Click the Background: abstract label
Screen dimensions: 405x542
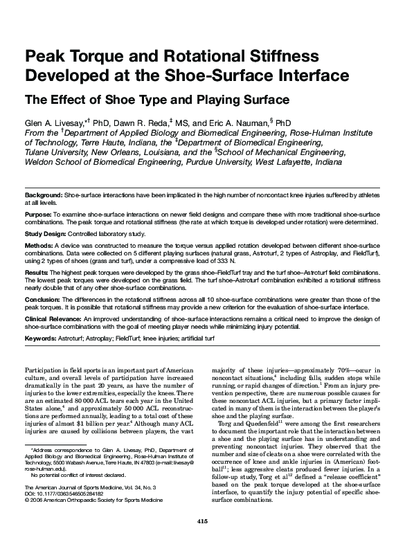point(43,197)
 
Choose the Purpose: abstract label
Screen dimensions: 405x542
point(38,216)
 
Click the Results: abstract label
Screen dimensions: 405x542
point(37,273)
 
